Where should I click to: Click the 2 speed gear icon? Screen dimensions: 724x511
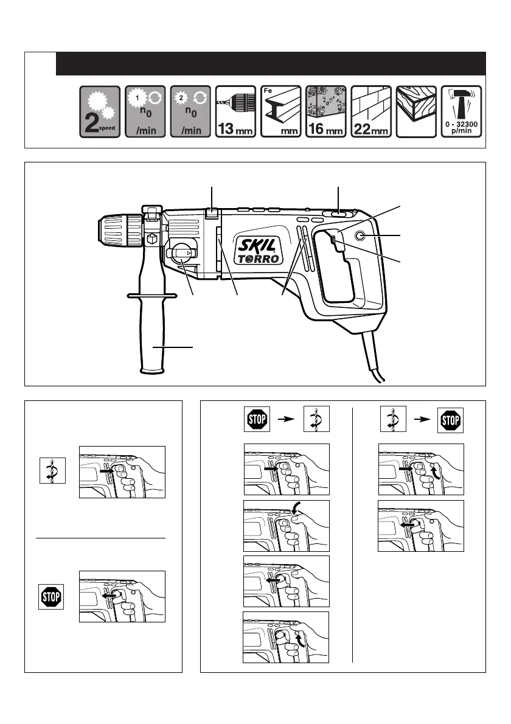[100, 112]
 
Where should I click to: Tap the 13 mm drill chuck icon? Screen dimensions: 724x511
[236, 112]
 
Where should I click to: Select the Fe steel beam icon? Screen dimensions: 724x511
[280, 112]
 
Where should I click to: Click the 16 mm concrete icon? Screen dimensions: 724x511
[325, 112]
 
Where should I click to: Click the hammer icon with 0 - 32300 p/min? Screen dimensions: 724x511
[461, 112]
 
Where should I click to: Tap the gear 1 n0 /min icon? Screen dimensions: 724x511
[145, 112]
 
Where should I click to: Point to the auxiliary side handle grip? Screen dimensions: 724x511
[151, 338]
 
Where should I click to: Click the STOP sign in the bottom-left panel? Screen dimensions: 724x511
[50, 596]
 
